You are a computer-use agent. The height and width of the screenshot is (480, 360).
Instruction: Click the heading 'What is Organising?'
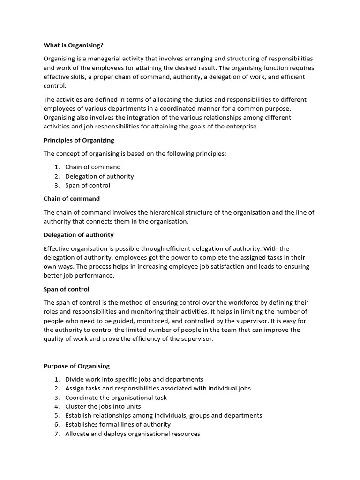click(x=73, y=45)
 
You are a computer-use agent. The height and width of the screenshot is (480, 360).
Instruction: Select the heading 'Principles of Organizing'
click(x=79, y=140)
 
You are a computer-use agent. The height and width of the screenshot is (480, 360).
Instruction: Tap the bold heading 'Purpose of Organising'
click(x=76, y=366)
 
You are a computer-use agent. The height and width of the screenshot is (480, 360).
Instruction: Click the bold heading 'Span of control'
click(x=66, y=289)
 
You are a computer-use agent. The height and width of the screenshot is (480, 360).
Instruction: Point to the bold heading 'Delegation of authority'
click(x=78, y=234)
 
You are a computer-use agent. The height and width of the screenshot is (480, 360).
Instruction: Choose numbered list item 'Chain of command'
click(x=93, y=167)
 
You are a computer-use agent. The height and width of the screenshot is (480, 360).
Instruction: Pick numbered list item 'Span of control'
click(x=88, y=185)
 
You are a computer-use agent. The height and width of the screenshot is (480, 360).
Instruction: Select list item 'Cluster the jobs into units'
click(x=103, y=406)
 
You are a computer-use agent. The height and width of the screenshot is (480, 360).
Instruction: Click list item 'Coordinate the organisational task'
click(x=116, y=397)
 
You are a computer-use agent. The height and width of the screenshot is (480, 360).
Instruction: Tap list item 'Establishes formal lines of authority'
click(x=118, y=424)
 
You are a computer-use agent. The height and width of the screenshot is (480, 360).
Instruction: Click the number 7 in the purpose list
click(x=56, y=434)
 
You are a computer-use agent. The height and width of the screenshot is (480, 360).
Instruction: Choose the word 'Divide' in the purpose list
click(x=75, y=379)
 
